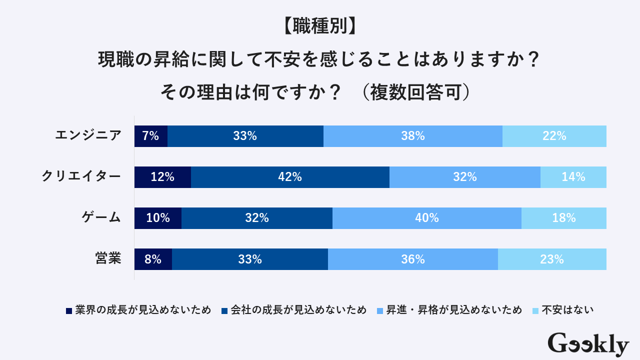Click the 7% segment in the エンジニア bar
click(150, 136)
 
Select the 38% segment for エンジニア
click(412, 136)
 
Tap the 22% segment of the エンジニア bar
click(554, 136)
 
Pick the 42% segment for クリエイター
click(290, 177)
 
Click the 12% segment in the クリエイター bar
click(162, 177)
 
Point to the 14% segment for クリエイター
click(573, 177)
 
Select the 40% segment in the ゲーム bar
click(426, 218)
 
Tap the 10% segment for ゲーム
click(157, 218)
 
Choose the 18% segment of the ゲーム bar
click(563, 218)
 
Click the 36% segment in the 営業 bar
click(412, 259)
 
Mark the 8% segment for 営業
click(153, 259)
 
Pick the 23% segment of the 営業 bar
click(552, 259)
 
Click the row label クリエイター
click(81, 176)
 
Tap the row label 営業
click(108, 258)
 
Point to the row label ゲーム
click(101, 217)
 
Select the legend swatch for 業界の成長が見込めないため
click(69, 310)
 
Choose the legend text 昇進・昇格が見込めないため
click(453, 310)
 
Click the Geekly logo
click(588, 344)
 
